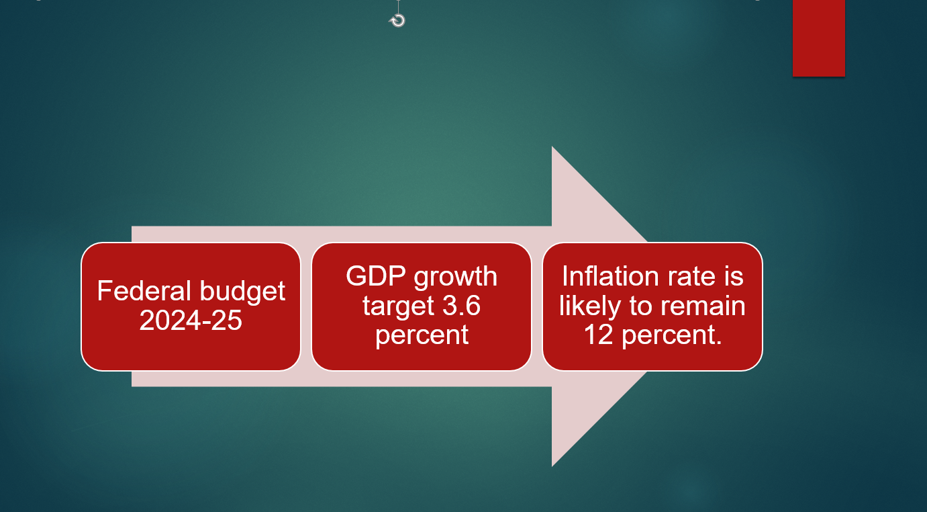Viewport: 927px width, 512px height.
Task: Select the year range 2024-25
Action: click(x=191, y=320)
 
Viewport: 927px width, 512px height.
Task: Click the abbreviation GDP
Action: click(x=376, y=276)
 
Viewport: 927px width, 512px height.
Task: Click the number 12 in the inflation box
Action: click(x=598, y=335)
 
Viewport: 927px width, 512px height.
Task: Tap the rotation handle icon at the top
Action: click(x=397, y=20)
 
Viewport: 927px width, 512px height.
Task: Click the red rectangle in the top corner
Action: click(x=818, y=38)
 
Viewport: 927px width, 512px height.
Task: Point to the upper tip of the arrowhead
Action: click(x=552, y=146)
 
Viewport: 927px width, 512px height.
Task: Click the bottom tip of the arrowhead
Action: click(x=552, y=467)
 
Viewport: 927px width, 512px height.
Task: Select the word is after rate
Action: click(x=734, y=276)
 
